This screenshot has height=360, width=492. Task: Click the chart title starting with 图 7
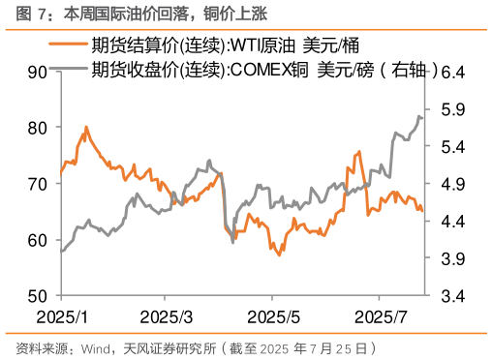pyautogui.click(x=137, y=14)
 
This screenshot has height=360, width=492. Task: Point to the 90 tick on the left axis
pyautogui.click(x=38, y=72)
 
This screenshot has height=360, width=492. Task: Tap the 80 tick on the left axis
pyautogui.click(x=38, y=128)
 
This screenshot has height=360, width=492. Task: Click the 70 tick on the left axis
pyautogui.click(x=38, y=184)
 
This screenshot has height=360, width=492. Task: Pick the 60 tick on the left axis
pyautogui.click(x=38, y=240)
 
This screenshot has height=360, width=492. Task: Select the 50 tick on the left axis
pyautogui.click(x=38, y=295)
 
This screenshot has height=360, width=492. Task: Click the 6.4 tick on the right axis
pyautogui.click(x=455, y=72)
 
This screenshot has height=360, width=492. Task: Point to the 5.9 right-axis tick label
pyautogui.click(x=455, y=109)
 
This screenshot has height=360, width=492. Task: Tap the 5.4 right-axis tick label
pyautogui.click(x=455, y=146)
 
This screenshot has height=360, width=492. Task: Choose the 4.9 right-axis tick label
pyautogui.click(x=455, y=184)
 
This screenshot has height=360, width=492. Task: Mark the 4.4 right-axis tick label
pyautogui.click(x=455, y=222)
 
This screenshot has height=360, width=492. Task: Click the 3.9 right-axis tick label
pyautogui.click(x=455, y=258)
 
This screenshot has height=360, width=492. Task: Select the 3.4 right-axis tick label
pyautogui.click(x=455, y=295)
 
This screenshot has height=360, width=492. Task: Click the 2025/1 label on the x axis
pyautogui.click(x=60, y=316)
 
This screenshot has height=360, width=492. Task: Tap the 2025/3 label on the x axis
pyautogui.click(x=167, y=316)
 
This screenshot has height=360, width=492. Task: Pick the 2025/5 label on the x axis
pyautogui.click(x=274, y=316)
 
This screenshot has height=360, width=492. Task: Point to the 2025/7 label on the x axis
pyautogui.click(x=381, y=316)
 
